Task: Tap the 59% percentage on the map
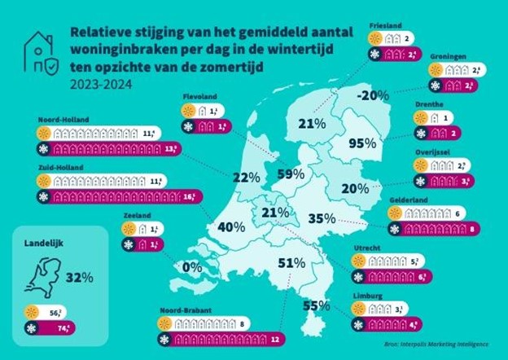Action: click(x=291, y=173)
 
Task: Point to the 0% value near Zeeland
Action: click(x=192, y=266)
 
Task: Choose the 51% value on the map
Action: click(x=291, y=263)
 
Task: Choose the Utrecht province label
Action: click(x=364, y=248)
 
